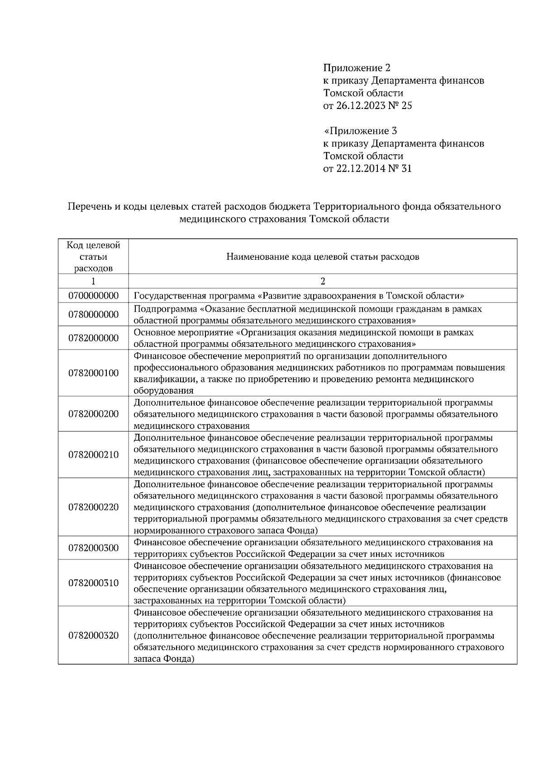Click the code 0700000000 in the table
pos(93,296)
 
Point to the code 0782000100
pos(93,373)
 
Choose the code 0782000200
pos(93,414)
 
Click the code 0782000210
pos(93,455)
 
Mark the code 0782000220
pos(93,507)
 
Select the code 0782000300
pos(93,548)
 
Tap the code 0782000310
pos(93,583)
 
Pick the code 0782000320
pos(93,635)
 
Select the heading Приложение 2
pos(357,68)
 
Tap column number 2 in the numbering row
pos(323,281)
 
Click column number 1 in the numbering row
pos(93,281)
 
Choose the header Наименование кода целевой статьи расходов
pos(323,257)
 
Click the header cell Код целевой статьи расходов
pos(93,257)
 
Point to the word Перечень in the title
pos(89,207)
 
